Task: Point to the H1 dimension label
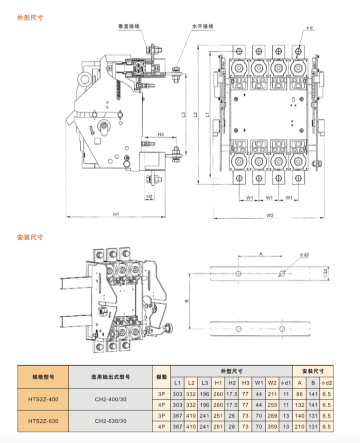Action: tap(116, 214)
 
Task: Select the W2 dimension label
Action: tap(270, 216)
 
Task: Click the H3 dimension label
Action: tap(161, 134)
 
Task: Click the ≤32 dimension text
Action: tap(325, 273)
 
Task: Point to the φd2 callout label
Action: tap(305, 254)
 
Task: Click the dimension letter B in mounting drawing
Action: tap(186, 301)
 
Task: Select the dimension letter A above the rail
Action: tap(260, 254)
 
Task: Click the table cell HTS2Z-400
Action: tap(43, 399)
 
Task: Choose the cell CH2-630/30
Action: tap(111, 420)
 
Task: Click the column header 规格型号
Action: tap(43, 377)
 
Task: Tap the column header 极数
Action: tap(161, 377)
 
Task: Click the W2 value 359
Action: tap(272, 427)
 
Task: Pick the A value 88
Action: tap(299, 394)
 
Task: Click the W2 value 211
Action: tap(272, 394)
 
